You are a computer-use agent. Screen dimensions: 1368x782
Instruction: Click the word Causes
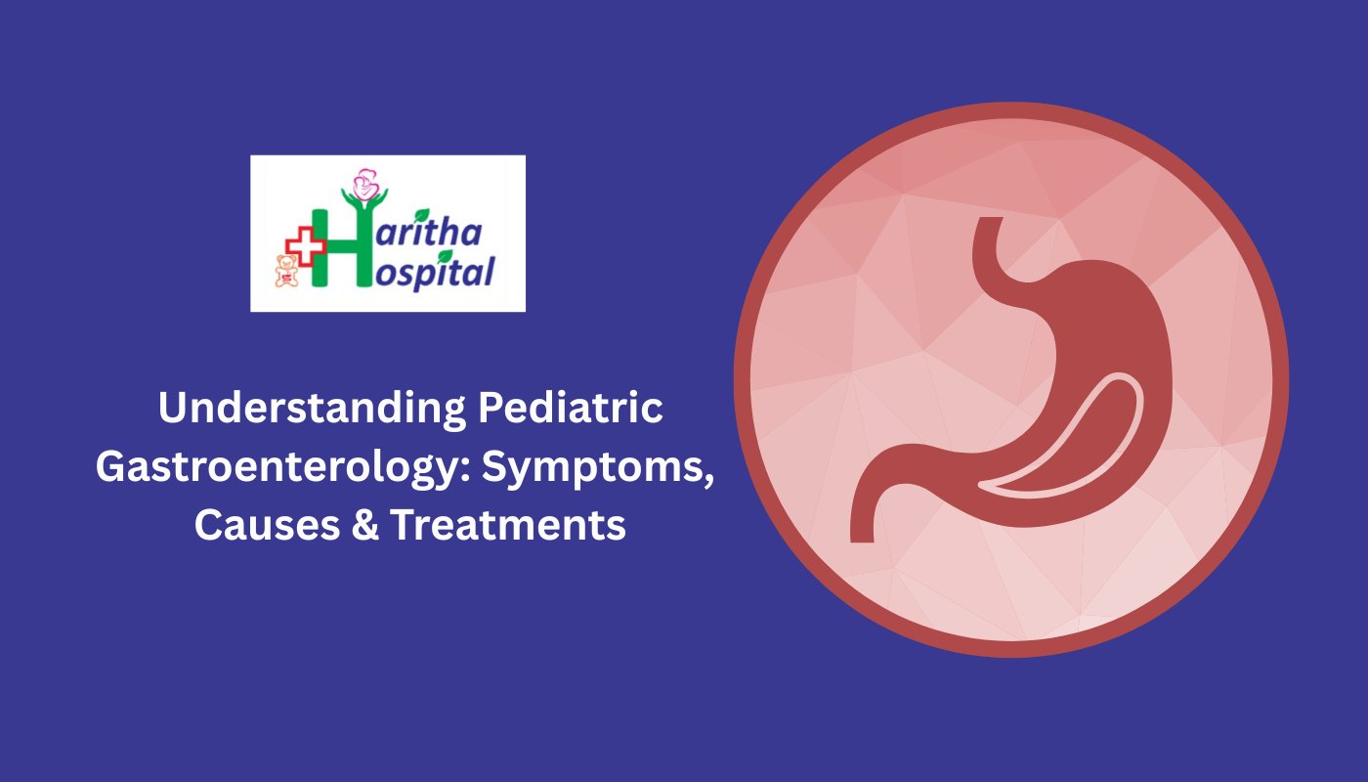pos(267,524)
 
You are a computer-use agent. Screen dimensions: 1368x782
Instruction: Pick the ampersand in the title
pos(365,524)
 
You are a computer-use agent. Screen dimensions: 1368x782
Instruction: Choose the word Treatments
pos(508,524)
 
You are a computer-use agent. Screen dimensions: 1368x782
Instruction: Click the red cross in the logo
pos(305,245)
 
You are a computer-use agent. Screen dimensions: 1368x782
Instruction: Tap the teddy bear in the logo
pos(286,272)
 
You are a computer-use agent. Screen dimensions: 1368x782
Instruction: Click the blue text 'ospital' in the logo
pos(434,273)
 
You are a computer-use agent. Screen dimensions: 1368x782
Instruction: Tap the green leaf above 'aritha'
pos(421,215)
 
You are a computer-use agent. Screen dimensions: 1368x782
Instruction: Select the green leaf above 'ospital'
pos(446,256)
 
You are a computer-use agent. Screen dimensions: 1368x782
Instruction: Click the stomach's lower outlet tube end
pos(862,533)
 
